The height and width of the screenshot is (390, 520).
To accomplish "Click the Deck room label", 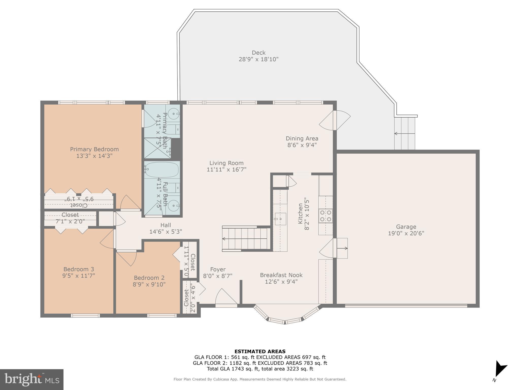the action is (258, 53).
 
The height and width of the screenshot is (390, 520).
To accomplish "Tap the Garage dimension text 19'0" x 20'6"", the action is (406, 233).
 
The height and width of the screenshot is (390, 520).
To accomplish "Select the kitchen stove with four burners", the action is (326, 216).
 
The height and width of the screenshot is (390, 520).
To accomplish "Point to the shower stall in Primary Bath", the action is (157, 148).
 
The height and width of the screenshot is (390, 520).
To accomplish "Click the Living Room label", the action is (226, 163).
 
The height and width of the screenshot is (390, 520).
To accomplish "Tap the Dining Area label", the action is (302, 139).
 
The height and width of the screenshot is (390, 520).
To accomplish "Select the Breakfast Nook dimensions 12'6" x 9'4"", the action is (281, 282).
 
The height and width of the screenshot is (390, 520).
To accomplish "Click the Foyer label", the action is (218, 269).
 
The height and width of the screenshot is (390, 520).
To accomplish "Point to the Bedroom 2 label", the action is (149, 278).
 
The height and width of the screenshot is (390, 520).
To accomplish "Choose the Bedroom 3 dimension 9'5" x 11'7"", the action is (79, 275).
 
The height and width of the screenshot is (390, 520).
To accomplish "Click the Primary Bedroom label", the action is (94, 149).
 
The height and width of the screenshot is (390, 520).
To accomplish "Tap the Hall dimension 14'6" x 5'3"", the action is (166, 232).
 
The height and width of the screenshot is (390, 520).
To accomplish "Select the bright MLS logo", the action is (31, 379).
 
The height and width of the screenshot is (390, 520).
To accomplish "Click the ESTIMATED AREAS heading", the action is (260, 352).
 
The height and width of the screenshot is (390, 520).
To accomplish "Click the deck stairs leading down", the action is (405, 133).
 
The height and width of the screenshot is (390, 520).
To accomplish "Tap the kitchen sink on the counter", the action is (280, 219).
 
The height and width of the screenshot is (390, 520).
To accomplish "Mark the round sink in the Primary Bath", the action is (174, 111).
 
